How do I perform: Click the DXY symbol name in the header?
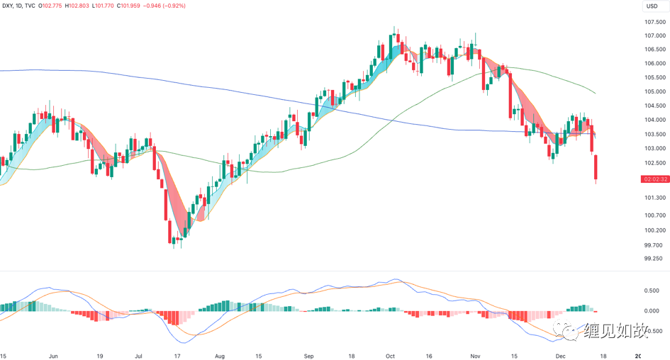tap(11, 6)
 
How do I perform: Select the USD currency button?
tap(651, 6)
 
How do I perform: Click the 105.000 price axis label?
tap(654, 91)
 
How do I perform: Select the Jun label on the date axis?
tap(52, 356)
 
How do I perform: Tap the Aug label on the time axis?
tap(220, 356)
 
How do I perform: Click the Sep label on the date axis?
tap(308, 356)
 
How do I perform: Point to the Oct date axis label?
tap(389, 356)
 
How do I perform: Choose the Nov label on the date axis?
tap(475, 356)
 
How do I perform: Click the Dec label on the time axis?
tap(560, 356)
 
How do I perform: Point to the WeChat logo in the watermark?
tap(571, 330)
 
